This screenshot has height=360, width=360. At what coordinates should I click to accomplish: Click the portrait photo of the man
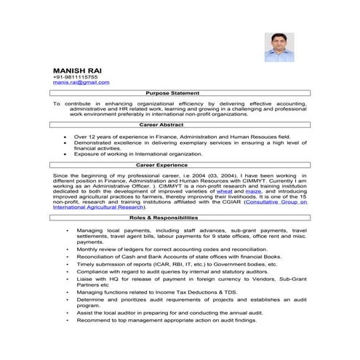pos(279,48)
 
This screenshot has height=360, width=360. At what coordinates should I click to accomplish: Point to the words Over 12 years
pos(92,136)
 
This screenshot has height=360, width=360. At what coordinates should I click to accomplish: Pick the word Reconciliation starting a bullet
pos(97,257)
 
